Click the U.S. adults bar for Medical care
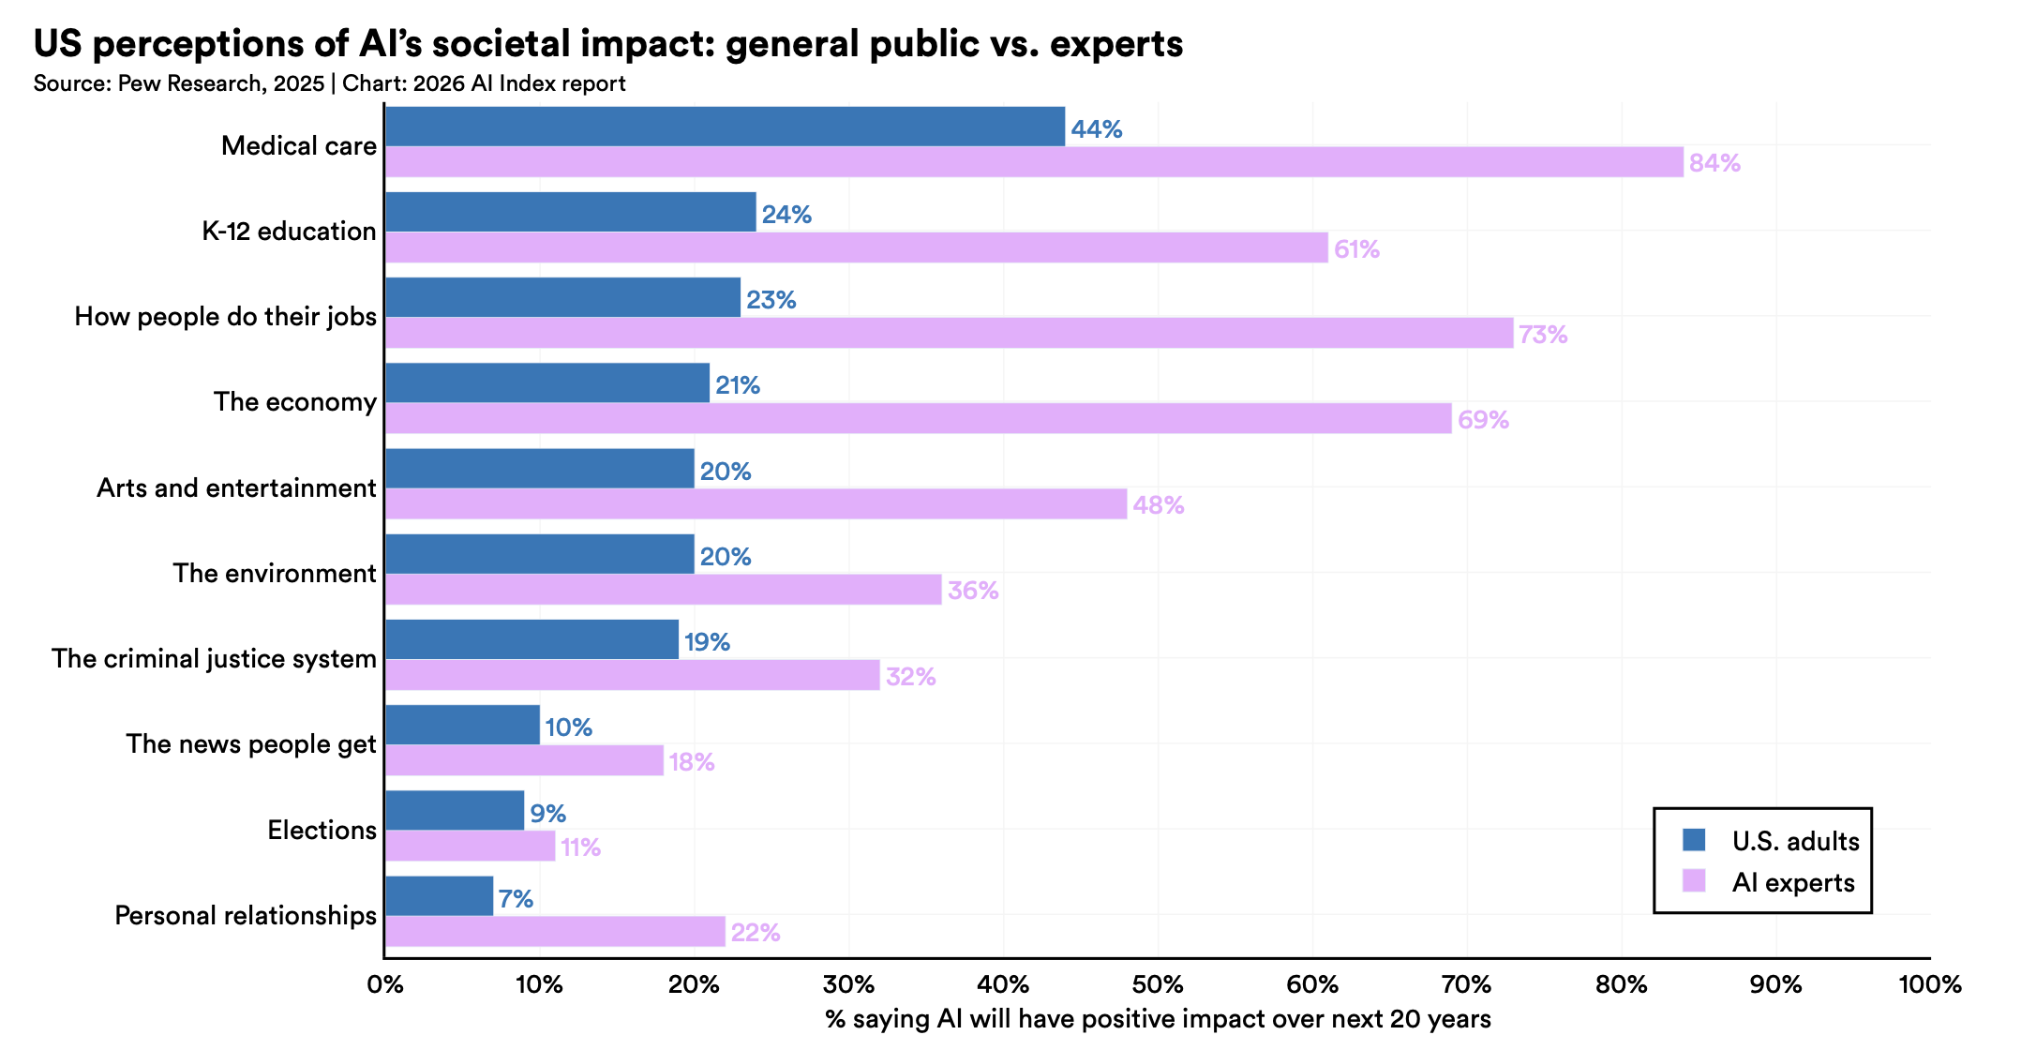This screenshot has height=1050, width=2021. (725, 127)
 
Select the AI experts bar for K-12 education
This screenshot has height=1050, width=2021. (856, 247)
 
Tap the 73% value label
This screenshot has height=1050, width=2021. (1543, 335)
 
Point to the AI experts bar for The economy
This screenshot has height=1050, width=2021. (918, 418)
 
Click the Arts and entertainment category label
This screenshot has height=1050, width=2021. (236, 488)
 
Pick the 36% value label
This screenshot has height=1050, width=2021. (973, 591)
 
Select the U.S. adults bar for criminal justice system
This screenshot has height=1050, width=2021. (531, 639)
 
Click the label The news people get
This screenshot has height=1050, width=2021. (251, 744)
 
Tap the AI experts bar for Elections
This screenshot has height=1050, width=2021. (470, 847)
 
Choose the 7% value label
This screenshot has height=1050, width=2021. (516, 899)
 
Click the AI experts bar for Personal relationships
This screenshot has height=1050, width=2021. (555, 932)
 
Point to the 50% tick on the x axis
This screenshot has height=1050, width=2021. (1158, 984)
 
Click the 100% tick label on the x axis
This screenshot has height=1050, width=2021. (1929, 984)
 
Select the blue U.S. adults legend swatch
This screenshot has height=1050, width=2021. (1694, 840)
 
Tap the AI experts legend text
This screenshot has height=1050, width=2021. (1793, 883)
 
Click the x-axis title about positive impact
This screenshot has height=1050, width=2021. (1158, 1019)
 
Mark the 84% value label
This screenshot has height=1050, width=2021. (1714, 163)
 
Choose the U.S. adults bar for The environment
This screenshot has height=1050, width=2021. (539, 554)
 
